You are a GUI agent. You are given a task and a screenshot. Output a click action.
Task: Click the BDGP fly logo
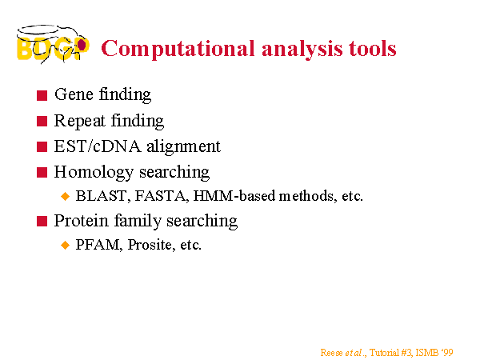(53, 45)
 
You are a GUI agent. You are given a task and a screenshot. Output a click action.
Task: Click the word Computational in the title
(178, 49)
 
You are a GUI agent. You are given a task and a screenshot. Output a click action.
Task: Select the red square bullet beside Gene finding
(42, 95)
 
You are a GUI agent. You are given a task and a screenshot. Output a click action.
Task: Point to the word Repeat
(79, 122)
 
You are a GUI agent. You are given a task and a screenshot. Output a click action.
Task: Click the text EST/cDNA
(98, 146)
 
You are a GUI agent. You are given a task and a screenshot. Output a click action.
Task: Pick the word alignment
(183, 147)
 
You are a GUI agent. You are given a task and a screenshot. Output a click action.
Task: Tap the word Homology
(94, 173)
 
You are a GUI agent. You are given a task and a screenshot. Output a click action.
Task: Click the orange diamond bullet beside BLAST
(66, 196)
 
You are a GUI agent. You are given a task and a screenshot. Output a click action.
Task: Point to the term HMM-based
(234, 196)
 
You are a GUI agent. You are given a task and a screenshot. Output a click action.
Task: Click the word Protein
(81, 221)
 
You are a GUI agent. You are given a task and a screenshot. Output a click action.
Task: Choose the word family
(138, 221)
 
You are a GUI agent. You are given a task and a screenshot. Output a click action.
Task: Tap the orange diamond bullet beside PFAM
(66, 245)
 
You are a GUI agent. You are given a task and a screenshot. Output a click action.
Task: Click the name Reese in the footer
(331, 353)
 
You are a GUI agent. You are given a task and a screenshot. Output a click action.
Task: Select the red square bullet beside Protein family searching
(42, 221)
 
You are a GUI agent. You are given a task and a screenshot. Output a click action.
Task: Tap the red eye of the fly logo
(82, 45)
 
